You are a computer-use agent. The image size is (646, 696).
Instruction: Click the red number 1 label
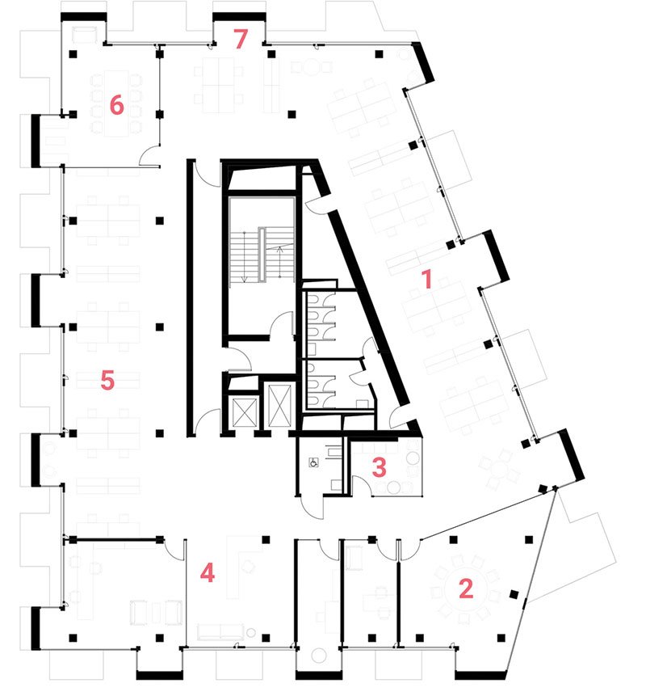tap(428, 281)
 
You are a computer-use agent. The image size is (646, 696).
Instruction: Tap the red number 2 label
tap(465, 588)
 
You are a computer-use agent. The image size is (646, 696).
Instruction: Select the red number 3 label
tap(380, 466)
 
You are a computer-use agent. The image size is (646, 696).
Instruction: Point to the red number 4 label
tap(208, 574)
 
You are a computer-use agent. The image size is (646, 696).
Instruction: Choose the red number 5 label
tap(107, 380)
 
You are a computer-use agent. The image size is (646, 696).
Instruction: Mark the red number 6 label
tap(116, 105)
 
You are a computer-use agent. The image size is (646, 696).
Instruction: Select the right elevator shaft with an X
tap(279, 402)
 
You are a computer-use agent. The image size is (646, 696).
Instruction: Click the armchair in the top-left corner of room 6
tap(84, 35)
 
